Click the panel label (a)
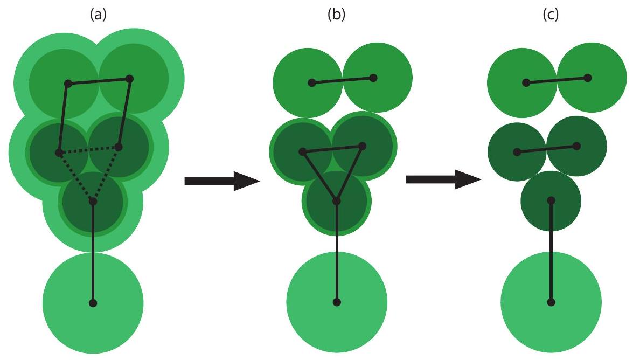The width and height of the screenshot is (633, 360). point(97,12)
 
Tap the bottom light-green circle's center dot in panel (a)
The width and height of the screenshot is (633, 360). point(93,303)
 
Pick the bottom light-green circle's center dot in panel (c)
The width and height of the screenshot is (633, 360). point(551,302)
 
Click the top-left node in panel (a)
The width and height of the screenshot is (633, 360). point(68,84)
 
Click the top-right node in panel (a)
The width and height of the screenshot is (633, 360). point(129,79)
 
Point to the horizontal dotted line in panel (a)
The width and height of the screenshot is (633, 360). point(89,150)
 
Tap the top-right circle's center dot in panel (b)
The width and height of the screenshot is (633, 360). point(373,78)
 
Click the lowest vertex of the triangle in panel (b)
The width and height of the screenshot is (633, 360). point(337,201)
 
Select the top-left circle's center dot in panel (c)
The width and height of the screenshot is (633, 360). point(526,82)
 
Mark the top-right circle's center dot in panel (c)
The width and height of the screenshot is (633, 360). point(588,78)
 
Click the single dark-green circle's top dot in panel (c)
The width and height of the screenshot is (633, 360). point(551,200)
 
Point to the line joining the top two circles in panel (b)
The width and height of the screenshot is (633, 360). point(343,80)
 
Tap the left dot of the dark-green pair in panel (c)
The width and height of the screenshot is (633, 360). point(517,152)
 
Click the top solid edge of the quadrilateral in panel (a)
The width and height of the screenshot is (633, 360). point(99,81)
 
